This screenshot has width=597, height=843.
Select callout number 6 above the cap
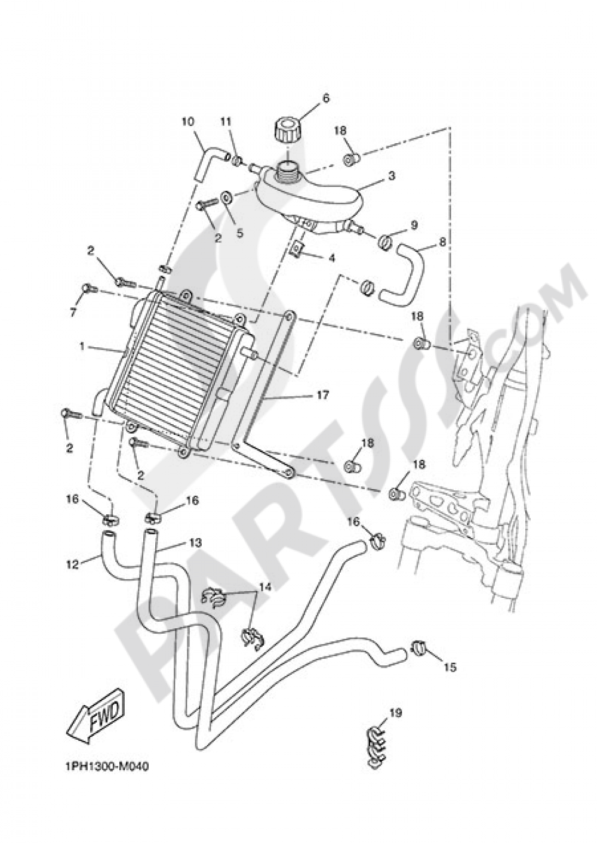click(x=342, y=97)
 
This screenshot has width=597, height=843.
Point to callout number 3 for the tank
click(x=391, y=176)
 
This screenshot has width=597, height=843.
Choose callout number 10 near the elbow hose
click(x=188, y=122)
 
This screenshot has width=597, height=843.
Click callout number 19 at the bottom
click(x=396, y=712)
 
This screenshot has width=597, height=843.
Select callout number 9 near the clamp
click(x=414, y=225)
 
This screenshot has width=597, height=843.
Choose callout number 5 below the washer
click(x=239, y=233)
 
